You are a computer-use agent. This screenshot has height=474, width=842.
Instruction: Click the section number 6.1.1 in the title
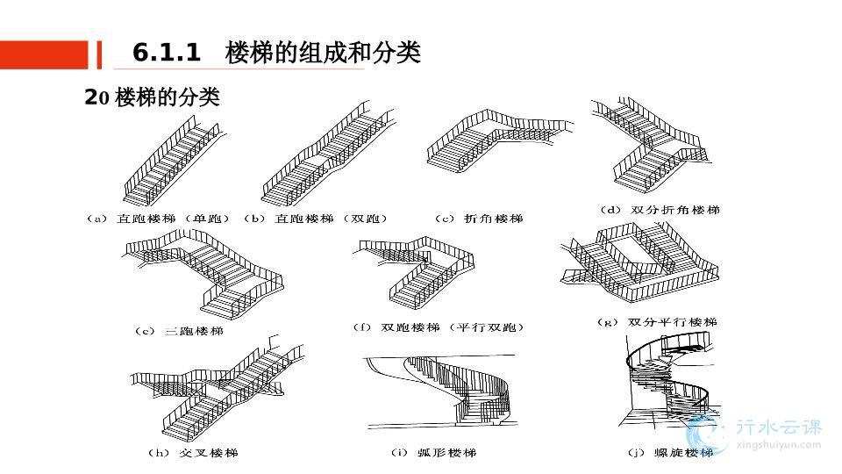[167, 54]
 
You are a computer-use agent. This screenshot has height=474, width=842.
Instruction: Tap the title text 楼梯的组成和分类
[323, 54]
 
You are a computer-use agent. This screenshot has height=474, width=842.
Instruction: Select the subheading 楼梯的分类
[167, 97]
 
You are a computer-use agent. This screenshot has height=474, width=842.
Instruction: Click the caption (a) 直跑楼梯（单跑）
[159, 219]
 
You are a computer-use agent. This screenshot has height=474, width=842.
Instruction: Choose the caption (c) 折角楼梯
[478, 219]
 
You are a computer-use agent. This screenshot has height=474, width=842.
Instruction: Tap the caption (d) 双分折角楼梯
[659, 211]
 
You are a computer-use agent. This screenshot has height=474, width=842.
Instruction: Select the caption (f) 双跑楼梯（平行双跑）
[439, 327]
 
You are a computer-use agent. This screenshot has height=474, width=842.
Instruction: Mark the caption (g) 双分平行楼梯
[657, 322]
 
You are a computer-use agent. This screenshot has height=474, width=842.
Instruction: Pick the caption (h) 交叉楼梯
[192, 453]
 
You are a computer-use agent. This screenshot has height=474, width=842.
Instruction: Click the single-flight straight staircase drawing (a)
[175, 162]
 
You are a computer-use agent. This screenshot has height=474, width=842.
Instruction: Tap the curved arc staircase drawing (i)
[447, 395]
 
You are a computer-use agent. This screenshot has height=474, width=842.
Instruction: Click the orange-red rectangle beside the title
[44, 54]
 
